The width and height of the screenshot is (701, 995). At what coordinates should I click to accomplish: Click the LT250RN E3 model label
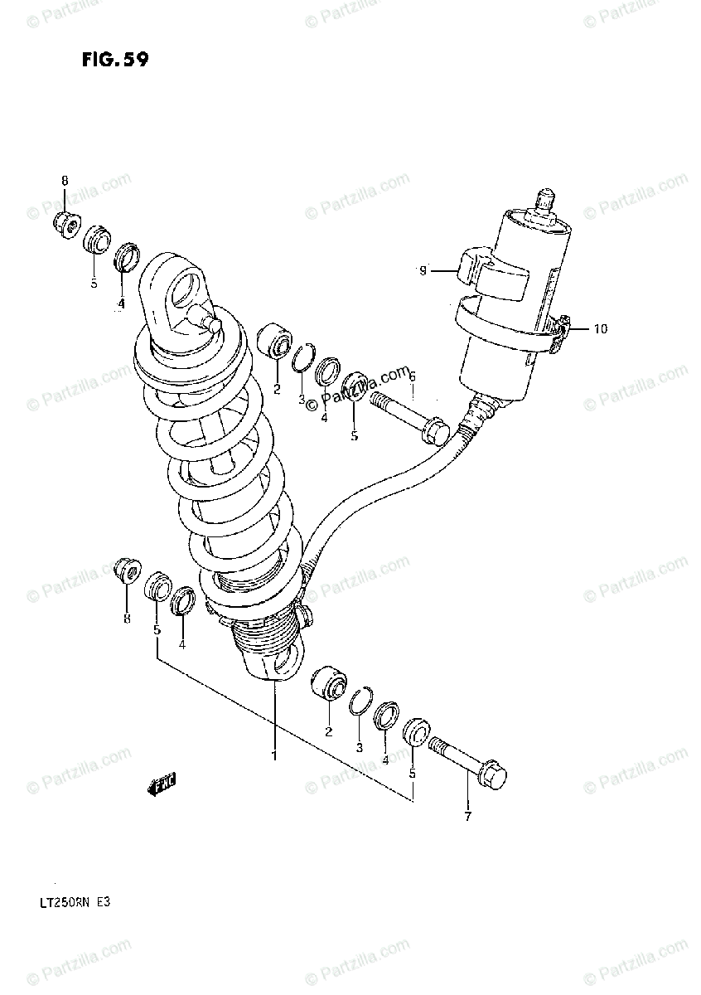pyautogui.click(x=89, y=899)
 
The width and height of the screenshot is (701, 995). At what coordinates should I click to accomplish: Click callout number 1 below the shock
pyautogui.click(x=273, y=755)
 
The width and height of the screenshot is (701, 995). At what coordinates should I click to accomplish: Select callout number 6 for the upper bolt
pyautogui.click(x=411, y=376)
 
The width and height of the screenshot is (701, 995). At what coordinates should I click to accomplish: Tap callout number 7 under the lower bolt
pyautogui.click(x=467, y=817)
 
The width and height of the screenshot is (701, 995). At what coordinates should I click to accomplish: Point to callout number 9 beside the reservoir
pyautogui.click(x=423, y=270)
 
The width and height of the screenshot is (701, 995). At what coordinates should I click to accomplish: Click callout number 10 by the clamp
pyautogui.click(x=599, y=329)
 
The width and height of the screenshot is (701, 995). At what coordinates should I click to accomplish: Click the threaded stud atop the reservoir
pyautogui.click(x=544, y=203)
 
